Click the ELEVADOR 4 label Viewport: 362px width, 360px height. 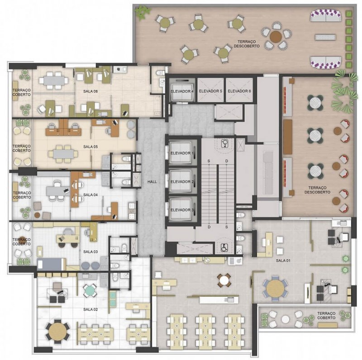point(182,91)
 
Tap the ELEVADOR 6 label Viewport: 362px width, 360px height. point(239,91)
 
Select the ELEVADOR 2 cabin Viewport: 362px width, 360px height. point(181,181)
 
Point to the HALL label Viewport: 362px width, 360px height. point(152,182)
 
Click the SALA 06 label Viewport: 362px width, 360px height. point(90,91)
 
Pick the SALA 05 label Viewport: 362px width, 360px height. point(90,147)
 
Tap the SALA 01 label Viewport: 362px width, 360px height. point(283,261)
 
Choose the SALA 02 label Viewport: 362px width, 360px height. point(90,309)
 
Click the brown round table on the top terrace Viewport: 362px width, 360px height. point(276,36)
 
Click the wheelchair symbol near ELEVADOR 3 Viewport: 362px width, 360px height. point(224,248)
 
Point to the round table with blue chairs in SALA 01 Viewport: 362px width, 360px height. point(275,289)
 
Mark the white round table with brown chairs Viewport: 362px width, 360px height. point(224,280)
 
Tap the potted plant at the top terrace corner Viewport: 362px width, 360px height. point(143,12)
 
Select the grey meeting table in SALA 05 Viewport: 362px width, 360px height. point(63,154)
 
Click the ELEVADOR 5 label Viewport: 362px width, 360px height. point(210,91)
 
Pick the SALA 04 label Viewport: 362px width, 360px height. point(90,195)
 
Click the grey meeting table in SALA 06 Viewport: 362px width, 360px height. point(53,81)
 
